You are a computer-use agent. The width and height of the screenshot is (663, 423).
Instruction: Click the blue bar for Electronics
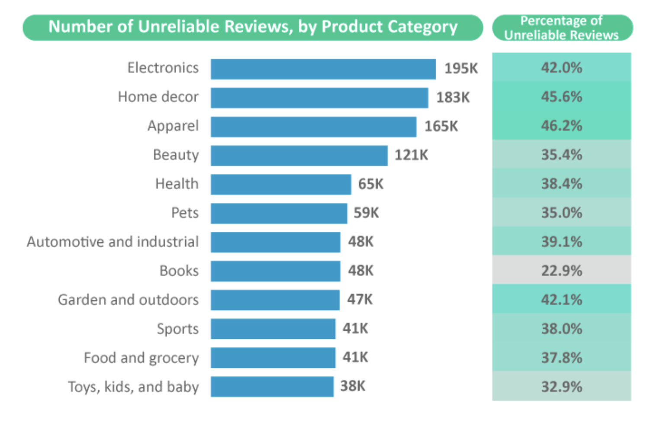pyautogui.click(x=323, y=69)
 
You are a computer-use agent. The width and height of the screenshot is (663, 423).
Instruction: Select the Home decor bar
pyautogui.click(x=319, y=98)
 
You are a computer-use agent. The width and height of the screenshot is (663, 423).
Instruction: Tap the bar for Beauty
pyautogui.click(x=299, y=156)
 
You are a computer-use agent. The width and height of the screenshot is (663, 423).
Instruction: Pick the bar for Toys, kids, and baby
pyautogui.click(x=272, y=387)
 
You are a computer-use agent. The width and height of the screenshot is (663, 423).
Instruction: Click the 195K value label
pyautogui.click(x=461, y=68)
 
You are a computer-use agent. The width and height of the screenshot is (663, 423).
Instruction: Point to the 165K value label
pyautogui.click(x=441, y=126)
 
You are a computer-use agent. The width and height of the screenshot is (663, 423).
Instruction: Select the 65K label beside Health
pyautogui.click(x=370, y=184)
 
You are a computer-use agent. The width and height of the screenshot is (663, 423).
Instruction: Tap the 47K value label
pyautogui.click(x=360, y=299)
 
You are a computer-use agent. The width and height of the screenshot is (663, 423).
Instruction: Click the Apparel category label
pyautogui.click(x=173, y=126)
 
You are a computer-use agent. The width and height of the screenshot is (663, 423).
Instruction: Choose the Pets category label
pyautogui.click(x=185, y=213)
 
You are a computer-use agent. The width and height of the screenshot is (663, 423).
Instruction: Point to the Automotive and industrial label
pyautogui.click(x=113, y=242)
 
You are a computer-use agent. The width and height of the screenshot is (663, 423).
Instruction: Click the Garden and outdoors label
pyautogui.click(x=129, y=300)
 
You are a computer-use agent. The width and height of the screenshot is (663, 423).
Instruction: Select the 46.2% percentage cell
pyautogui.click(x=561, y=126)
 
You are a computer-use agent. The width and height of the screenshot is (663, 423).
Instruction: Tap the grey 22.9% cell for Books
pyautogui.click(x=561, y=270)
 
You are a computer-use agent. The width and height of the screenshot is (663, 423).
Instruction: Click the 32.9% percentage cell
pyautogui.click(x=561, y=387)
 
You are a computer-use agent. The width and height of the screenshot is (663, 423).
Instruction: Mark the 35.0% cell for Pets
pyautogui.click(x=561, y=213)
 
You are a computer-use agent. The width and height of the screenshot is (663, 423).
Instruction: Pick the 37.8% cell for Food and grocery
pyautogui.click(x=561, y=358)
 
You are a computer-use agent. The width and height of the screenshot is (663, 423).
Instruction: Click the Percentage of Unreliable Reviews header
pyautogui.click(x=562, y=28)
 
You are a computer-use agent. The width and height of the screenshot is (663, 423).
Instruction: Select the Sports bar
pyautogui.click(x=273, y=329)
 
